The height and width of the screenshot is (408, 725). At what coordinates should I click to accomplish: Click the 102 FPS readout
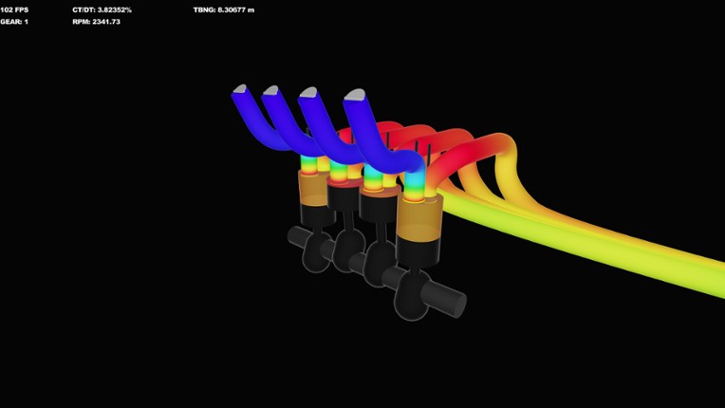click(x=14, y=9)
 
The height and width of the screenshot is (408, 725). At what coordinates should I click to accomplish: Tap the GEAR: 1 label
click(x=14, y=21)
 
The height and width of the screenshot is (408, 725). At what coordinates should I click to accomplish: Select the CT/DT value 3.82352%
click(x=102, y=9)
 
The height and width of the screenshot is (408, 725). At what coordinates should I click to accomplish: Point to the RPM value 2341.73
click(x=96, y=21)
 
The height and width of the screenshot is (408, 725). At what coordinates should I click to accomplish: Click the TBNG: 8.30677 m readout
click(x=223, y=9)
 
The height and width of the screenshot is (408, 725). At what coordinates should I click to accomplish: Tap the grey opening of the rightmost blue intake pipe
click(x=355, y=95)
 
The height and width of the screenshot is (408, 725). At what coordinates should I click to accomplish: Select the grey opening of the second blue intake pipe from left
click(x=270, y=90)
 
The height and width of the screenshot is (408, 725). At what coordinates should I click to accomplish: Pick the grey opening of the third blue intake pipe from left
click(x=308, y=92)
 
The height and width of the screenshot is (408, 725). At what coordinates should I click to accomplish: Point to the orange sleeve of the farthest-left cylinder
click(x=311, y=188)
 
